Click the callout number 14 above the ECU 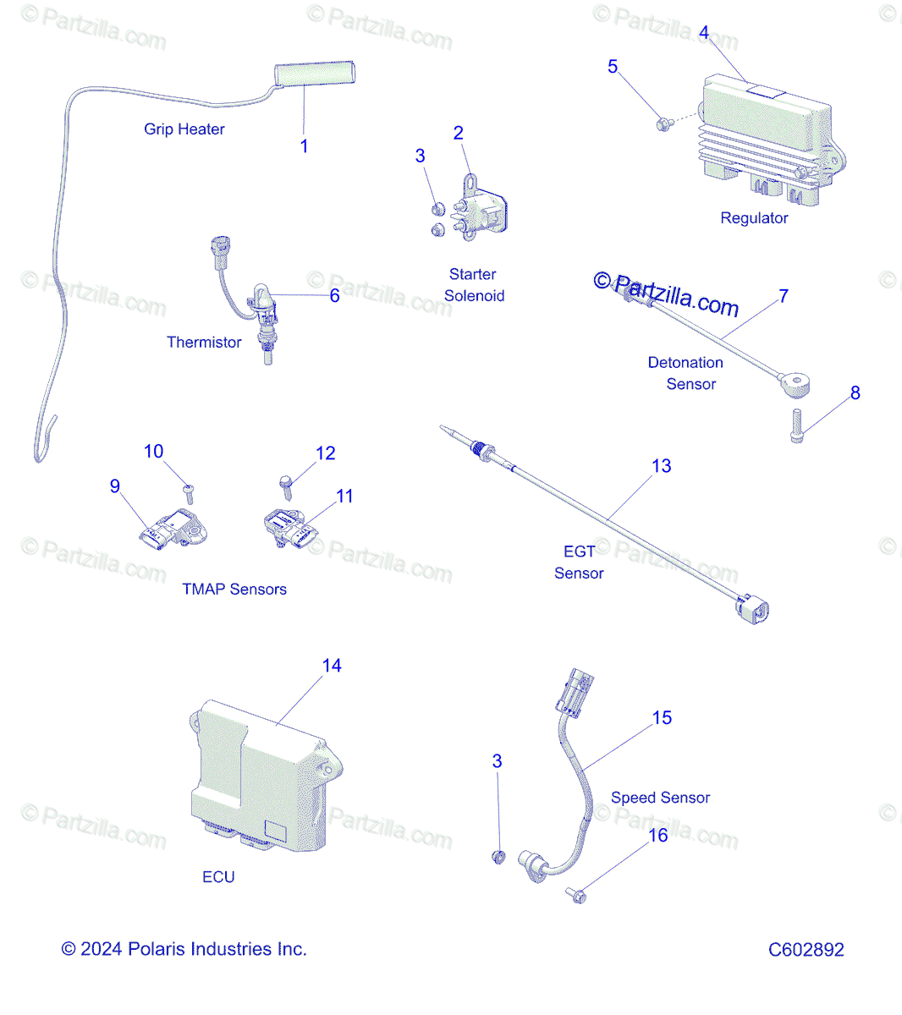pyautogui.click(x=332, y=666)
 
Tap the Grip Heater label pyautogui.click(x=184, y=129)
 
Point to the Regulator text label pyautogui.click(x=754, y=218)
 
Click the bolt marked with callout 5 pyautogui.click(x=664, y=124)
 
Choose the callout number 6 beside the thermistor pyautogui.click(x=334, y=295)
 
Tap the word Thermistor pyautogui.click(x=204, y=343)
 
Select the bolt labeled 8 pyautogui.click(x=796, y=425)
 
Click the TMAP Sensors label pyautogui.click(x=234, y=590)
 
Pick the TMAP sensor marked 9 pyautogui.click(x=173, y=530)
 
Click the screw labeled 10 pyautogui.click(x=190, y=492)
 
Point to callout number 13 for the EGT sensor pyautogui.click(x=661, y=466)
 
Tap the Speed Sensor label pyautogui.click(x=660, y=798)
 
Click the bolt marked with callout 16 pyautogui.click(x=576, y=895)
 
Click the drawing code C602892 pyautogui.click(x=806, y=950)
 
